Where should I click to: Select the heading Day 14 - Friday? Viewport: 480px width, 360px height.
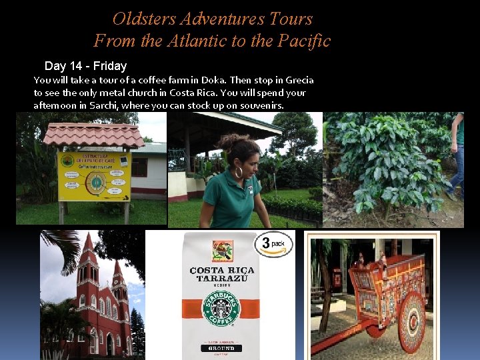click(85, 66)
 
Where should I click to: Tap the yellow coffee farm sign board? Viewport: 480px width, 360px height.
click(94, 176)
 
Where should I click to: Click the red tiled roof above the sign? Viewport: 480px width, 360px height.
click(93, 135)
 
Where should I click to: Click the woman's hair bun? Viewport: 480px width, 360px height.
click(226, 141)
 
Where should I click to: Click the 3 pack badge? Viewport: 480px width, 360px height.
click(273, 244)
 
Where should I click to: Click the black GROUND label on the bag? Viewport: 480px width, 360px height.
click(221, 347)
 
